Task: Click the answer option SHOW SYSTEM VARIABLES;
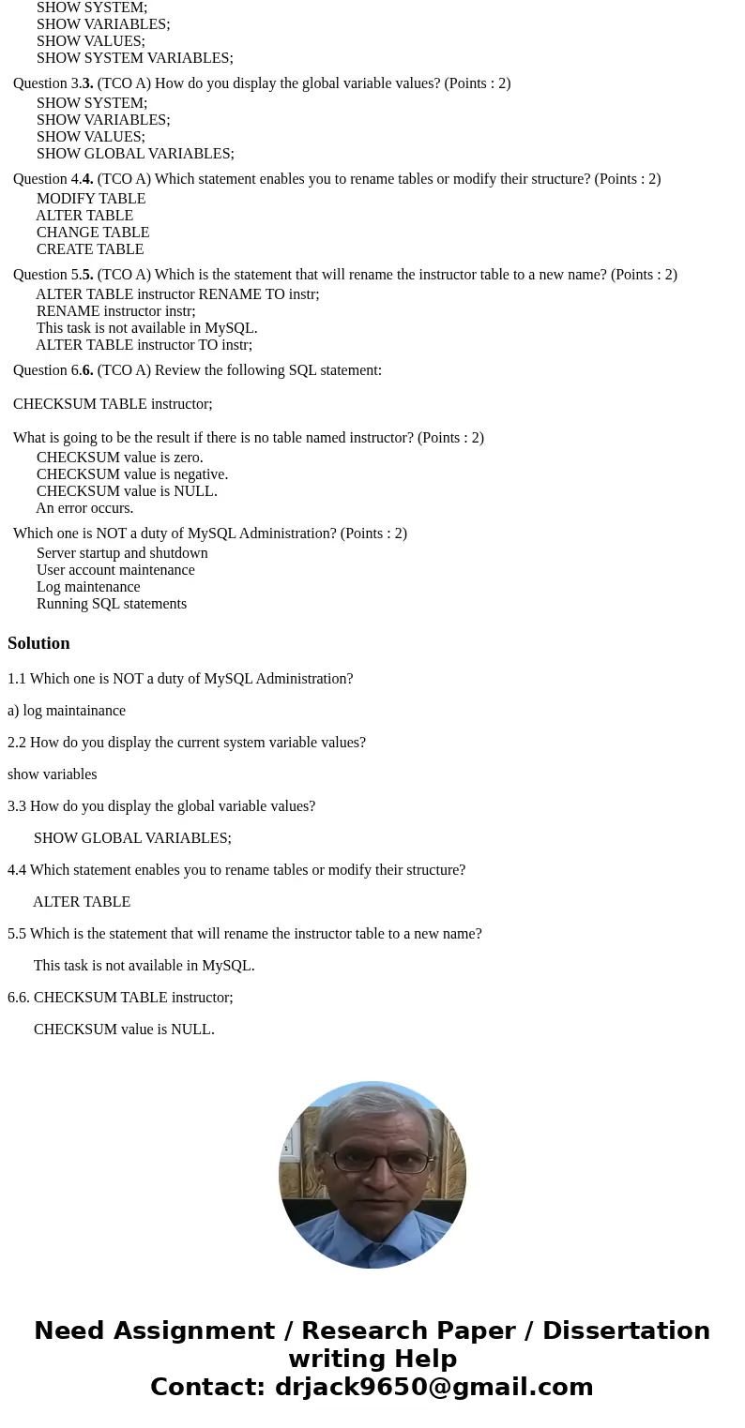point(134,58)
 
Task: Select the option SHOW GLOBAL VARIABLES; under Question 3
point(135,154)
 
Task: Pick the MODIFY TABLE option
point(91,199)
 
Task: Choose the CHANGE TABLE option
point(93,233)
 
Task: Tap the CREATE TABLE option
point(90,249)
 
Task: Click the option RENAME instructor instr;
point(115,311)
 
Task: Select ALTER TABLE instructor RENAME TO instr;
point(177,294)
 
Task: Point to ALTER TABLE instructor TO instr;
point(144,345)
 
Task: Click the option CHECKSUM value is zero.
point(119,458)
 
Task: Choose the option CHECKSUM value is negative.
point(132,474)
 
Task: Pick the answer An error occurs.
point(84,508)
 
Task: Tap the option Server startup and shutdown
point(122,553)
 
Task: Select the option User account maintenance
point(115,570)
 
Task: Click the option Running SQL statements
point(112,604)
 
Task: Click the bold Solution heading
point(38,643)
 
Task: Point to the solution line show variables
point(52,774)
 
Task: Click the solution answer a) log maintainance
point(67,711)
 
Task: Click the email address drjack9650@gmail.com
point(433,1388)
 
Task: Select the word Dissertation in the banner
point(626,1331)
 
